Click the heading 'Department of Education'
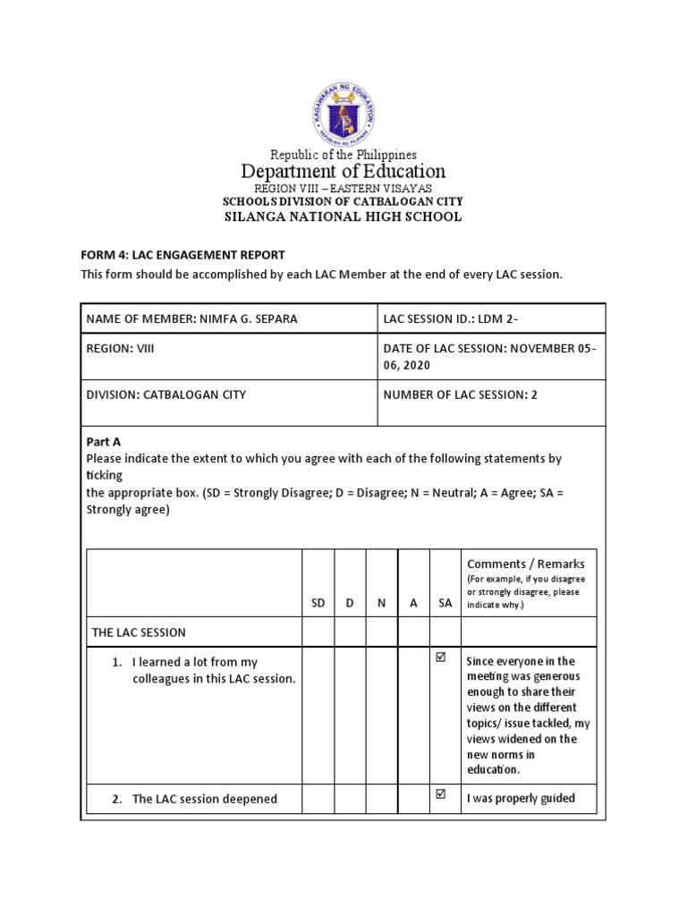pyautogui.click(x=343, y=171)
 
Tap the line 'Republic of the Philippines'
pyautogui.click(x=343, y=155)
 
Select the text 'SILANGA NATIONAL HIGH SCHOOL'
pyautogui.click(x=343, y=216)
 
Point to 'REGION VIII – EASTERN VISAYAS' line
pyautogui.click(x=343, y=188)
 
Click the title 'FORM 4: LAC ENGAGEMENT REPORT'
pyautogui.click(x=182, y=255)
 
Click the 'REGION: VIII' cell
pyautogui.click(x=121, y=349)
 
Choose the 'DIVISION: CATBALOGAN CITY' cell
pyautogui.click(x=166, y=394)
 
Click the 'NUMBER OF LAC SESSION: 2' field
pyautogui.click(x=460, y=394)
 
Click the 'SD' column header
pyautogui.click(x=318, y=603)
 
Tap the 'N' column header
pyautogui.click(x=381, y=603)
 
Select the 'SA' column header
pyautogui.click(x=445, y=603)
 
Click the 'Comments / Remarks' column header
pyautogui.click(x=526, y=564)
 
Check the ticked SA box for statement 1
pyautogui.click(x=439, y=657)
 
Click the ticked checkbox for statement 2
pyautogui.click(x=439, y=794)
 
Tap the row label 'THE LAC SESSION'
pyautogui.click(x=139, y=632)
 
